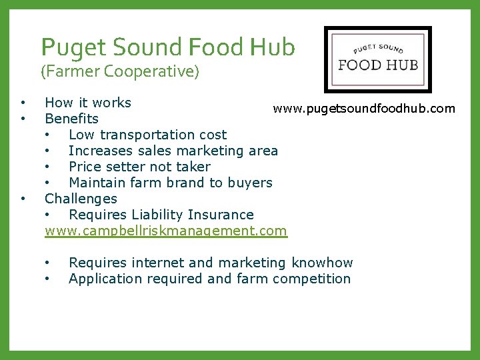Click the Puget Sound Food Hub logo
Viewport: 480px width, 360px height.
[x=377, y=59]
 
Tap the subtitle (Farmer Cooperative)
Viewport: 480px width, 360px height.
[x=120, y=71]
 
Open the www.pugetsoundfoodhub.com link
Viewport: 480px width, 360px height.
[x=364, y=109]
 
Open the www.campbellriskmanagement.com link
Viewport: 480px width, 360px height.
[x=165, y=231]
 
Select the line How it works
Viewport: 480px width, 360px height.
[x=88, y=103]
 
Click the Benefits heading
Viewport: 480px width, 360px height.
[x=71, y=119]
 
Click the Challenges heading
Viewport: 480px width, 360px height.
[x=81, y=199]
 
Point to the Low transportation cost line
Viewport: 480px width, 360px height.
[x=147, y=135]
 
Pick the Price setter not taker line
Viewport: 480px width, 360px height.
[x=139, y=167]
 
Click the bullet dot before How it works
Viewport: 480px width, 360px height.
[x=23, y=103]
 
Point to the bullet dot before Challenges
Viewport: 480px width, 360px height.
[x=23, y=199]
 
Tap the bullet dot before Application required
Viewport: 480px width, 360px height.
[x=47, y=279]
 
